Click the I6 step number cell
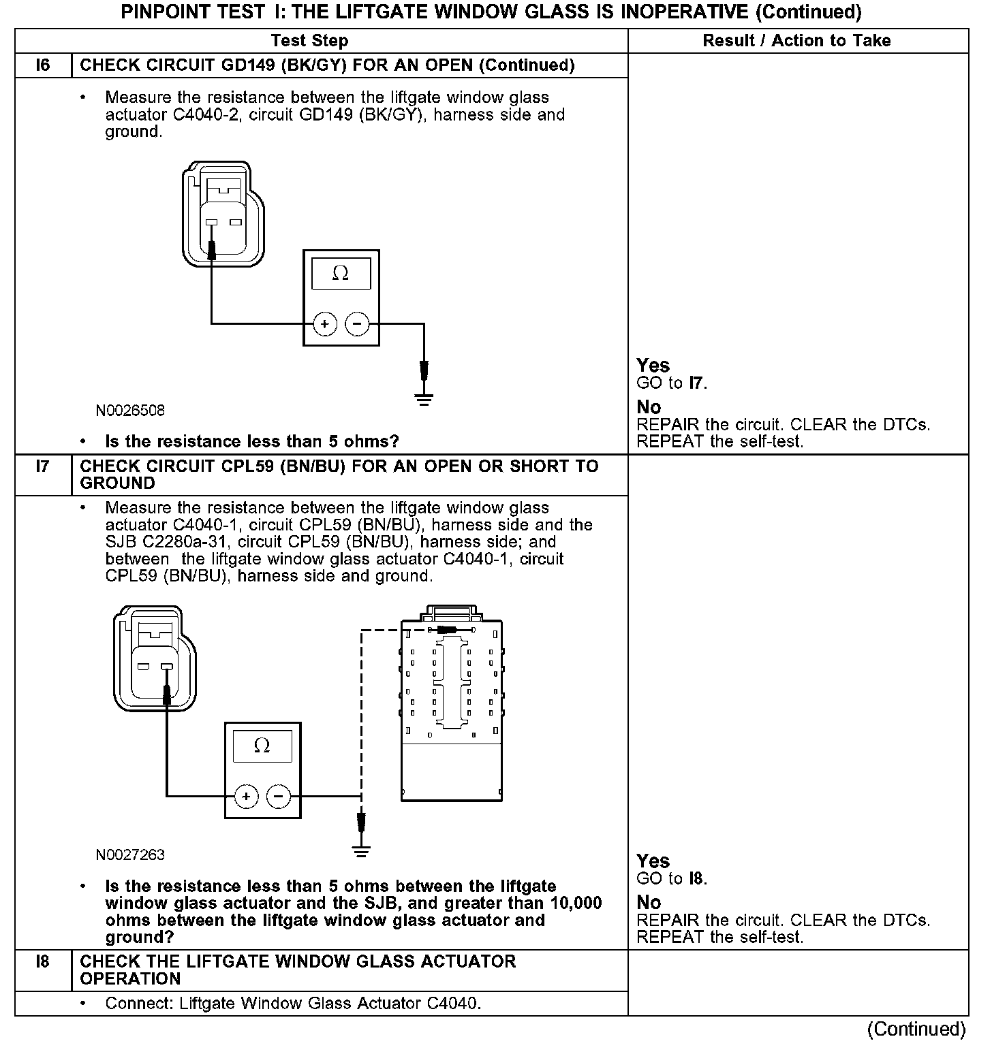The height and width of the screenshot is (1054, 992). click(x=43, y=65)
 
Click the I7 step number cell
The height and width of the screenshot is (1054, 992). click(x=43, y=467)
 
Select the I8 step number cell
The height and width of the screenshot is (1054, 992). click(x=43, y=962)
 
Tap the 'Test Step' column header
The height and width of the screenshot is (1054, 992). click(x=309, y=41)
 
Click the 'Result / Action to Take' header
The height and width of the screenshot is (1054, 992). click(x=796, y=41)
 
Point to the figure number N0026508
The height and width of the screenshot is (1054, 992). click(x=130, y=411)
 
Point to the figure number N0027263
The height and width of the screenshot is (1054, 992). click(x=130, y=855)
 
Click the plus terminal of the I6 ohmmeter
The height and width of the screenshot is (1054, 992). click(x=325, y=324)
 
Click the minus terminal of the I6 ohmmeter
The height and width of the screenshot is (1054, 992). click(x=357, y=324)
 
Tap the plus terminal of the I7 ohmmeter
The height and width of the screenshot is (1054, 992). click(x=246, y=796)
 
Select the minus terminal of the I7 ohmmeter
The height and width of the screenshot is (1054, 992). click(x=278, y=796)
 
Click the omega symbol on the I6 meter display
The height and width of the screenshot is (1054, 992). click(x=341, y=274)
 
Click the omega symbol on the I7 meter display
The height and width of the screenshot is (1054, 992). click(x=262, y=746)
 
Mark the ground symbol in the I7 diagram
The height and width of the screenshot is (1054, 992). click(x=361, y=851)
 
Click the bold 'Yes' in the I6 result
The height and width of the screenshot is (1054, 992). click(x=653, y=366)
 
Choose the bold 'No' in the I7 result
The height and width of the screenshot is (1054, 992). click(x=649, y=903)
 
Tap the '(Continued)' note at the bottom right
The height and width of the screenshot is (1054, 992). click(x=916, y=1029)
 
